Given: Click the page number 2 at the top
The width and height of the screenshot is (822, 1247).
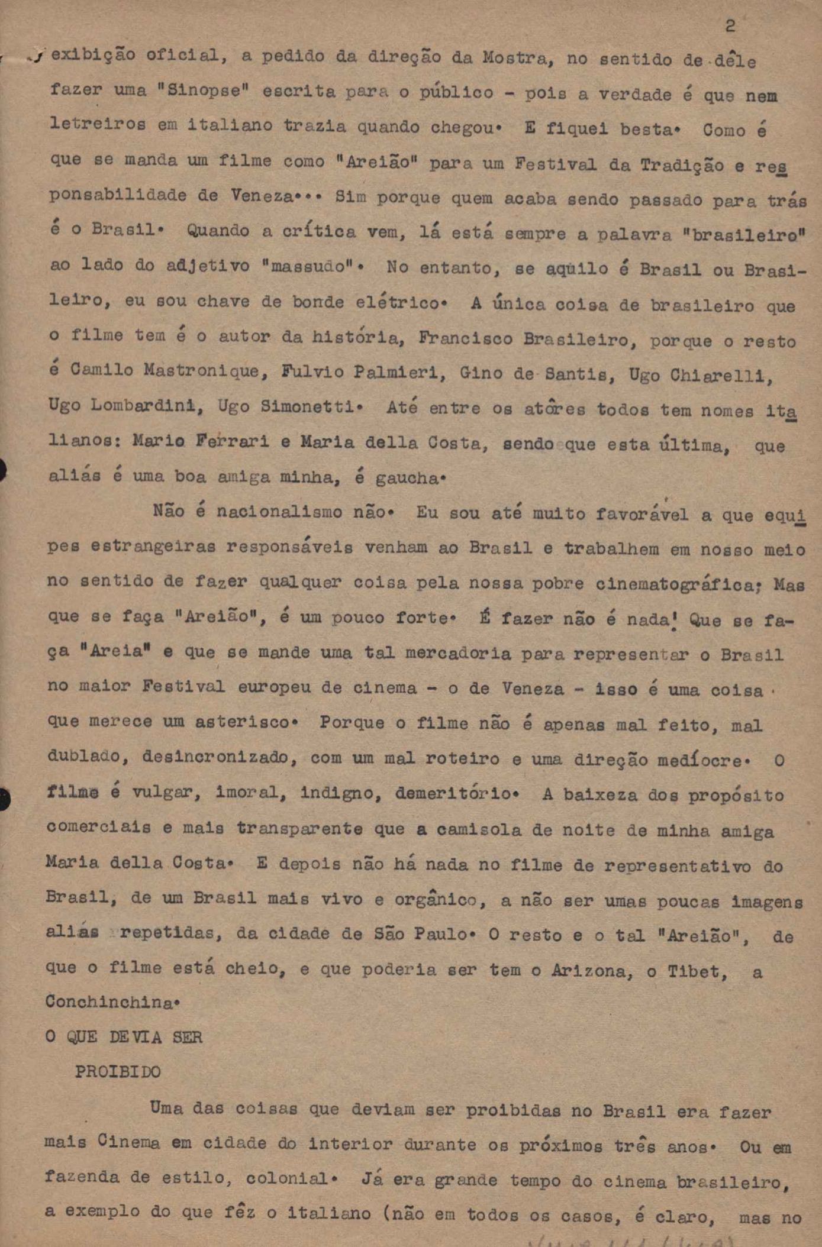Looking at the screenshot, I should tap(730, 27).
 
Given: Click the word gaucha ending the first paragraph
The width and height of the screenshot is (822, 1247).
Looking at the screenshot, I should tap(407, 478).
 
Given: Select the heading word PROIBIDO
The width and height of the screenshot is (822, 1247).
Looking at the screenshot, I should tap(118, 1072).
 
